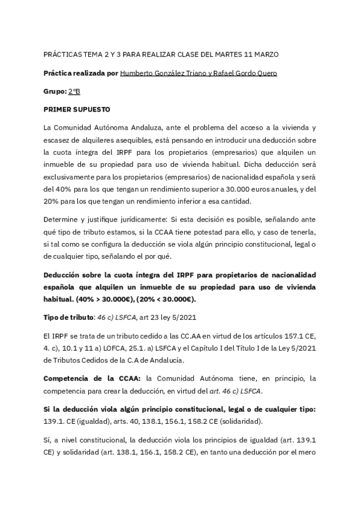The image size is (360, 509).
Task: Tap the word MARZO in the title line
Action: (265, 54)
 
